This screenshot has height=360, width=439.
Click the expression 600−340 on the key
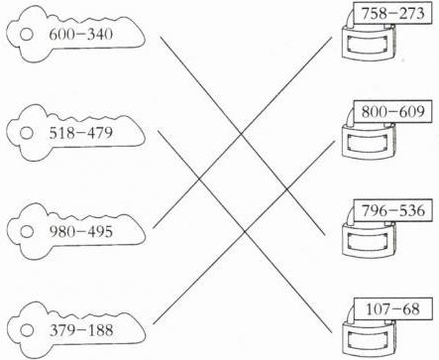click(x=81, y=35)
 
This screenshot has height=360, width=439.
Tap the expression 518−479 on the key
click(x=81, y=133)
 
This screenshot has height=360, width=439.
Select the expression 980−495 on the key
click(x=81, y=231)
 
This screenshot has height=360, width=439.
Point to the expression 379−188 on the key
click(x=81, y=330)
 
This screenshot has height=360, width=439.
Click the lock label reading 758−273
click(x=392, y=14)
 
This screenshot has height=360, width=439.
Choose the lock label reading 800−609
click(x=392, y=112)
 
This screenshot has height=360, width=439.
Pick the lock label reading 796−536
click(x=392, y=210)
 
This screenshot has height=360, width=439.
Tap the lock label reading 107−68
click(x=392, y=308)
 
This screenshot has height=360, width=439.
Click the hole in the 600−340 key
click(x=27, y=35)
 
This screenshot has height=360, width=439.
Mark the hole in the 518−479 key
click(x=27, y=133)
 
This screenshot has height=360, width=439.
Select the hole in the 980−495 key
click(x=27, y=231)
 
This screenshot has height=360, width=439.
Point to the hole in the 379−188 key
click(x=27, y=330)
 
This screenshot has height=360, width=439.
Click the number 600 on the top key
click(x=60, y=35)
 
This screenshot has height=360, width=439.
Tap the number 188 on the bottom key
click(x=101, y=330)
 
